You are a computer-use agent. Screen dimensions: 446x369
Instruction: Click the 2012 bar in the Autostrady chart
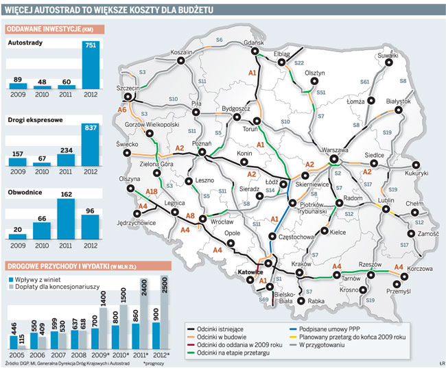pos(91,65)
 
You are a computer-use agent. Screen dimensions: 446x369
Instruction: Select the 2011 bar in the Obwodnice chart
pos(66,219)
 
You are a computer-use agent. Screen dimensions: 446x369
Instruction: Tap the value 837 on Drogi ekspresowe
pos(91,128)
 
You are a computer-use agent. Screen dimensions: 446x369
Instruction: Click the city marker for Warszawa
pos(334,159)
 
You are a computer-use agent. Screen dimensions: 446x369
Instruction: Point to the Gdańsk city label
pos(254,43)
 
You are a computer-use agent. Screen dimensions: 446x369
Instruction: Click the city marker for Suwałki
pos(389,63)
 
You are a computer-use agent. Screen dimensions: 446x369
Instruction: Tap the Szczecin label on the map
pos(128,88)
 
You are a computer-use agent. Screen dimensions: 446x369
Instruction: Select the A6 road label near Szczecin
pos(122,110)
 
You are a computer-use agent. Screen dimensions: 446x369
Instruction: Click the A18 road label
pos(152,191)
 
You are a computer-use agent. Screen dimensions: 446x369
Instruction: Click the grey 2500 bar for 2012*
pos(165,312)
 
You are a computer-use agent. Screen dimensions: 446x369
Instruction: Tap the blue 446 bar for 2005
pos(14,342)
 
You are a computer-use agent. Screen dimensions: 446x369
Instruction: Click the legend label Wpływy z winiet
pos(35,279)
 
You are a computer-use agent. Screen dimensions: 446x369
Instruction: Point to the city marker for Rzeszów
pos(371,275)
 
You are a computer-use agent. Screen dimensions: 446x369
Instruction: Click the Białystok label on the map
pos(399,102)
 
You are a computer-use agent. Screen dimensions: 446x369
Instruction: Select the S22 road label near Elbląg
pos(299,63)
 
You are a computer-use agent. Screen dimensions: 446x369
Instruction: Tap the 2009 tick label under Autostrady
pos(18,94)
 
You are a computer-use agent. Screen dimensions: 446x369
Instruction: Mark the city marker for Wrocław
pos(203,219)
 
